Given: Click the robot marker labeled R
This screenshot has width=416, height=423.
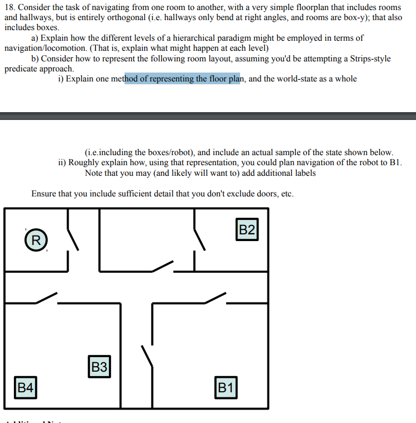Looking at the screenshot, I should pyautogui.click(x=36, y=241).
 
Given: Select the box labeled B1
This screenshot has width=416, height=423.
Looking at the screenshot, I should pyautogui.click(x=225, y=387).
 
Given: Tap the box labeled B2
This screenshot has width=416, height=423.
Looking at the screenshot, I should pyautogui.click(x=247, y=229).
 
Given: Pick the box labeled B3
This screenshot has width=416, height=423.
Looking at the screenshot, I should pyautogui.click(x=99, y=367).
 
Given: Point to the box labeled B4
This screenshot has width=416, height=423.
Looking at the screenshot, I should pyautogui.click(x=26, y=387).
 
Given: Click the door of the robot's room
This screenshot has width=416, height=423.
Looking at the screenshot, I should pyautogui.click(x=73, y=238).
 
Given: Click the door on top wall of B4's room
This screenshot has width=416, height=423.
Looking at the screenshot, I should pyautogui.click(x=46, y=298).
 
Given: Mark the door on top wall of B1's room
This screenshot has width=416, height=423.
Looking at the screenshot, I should pyautogui.click(x=216, y=298).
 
